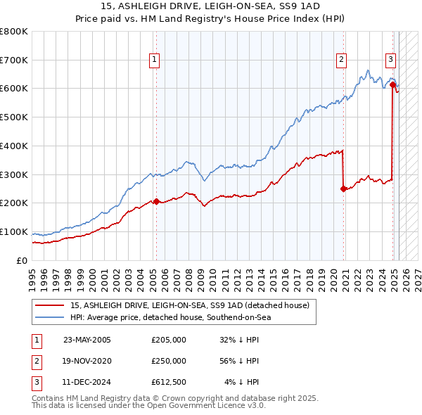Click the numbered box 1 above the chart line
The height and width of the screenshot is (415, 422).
tap(154, 60)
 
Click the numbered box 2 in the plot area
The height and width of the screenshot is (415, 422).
tap(341, 60)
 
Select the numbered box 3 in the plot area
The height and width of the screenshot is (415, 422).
tap(390, 60)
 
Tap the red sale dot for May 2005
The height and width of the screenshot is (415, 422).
tap(156, 201)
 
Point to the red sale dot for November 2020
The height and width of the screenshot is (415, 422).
tap(343, 189)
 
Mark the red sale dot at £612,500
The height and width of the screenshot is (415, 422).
tap(392, 84)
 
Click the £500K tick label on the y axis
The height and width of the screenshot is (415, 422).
tap(14, 117)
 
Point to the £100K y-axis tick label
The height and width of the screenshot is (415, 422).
tap(14, 231)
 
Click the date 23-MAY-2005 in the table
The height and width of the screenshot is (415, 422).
tap(87, 340)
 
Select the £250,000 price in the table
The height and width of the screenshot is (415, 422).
tap(169, 361)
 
